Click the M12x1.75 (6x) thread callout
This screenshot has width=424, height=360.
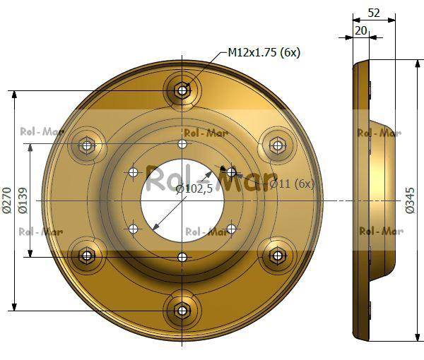click(x=264, y=52)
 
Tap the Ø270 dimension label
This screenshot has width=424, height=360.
click(x=7, y=200)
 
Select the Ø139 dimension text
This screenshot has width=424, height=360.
click(x=23, y=200)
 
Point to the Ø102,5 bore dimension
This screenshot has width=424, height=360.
click(x=194, y=188)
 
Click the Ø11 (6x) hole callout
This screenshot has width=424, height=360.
click(x=292, y=184)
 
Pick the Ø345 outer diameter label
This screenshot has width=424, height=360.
click(x=410, y=200)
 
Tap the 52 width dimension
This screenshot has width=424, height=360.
click(x=374, y=13)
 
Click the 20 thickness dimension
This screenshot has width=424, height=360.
click(x=361, y=30)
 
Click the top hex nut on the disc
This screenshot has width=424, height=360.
click(x=182, y=90)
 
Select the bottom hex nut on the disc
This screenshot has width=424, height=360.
click(x=182, y=311)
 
